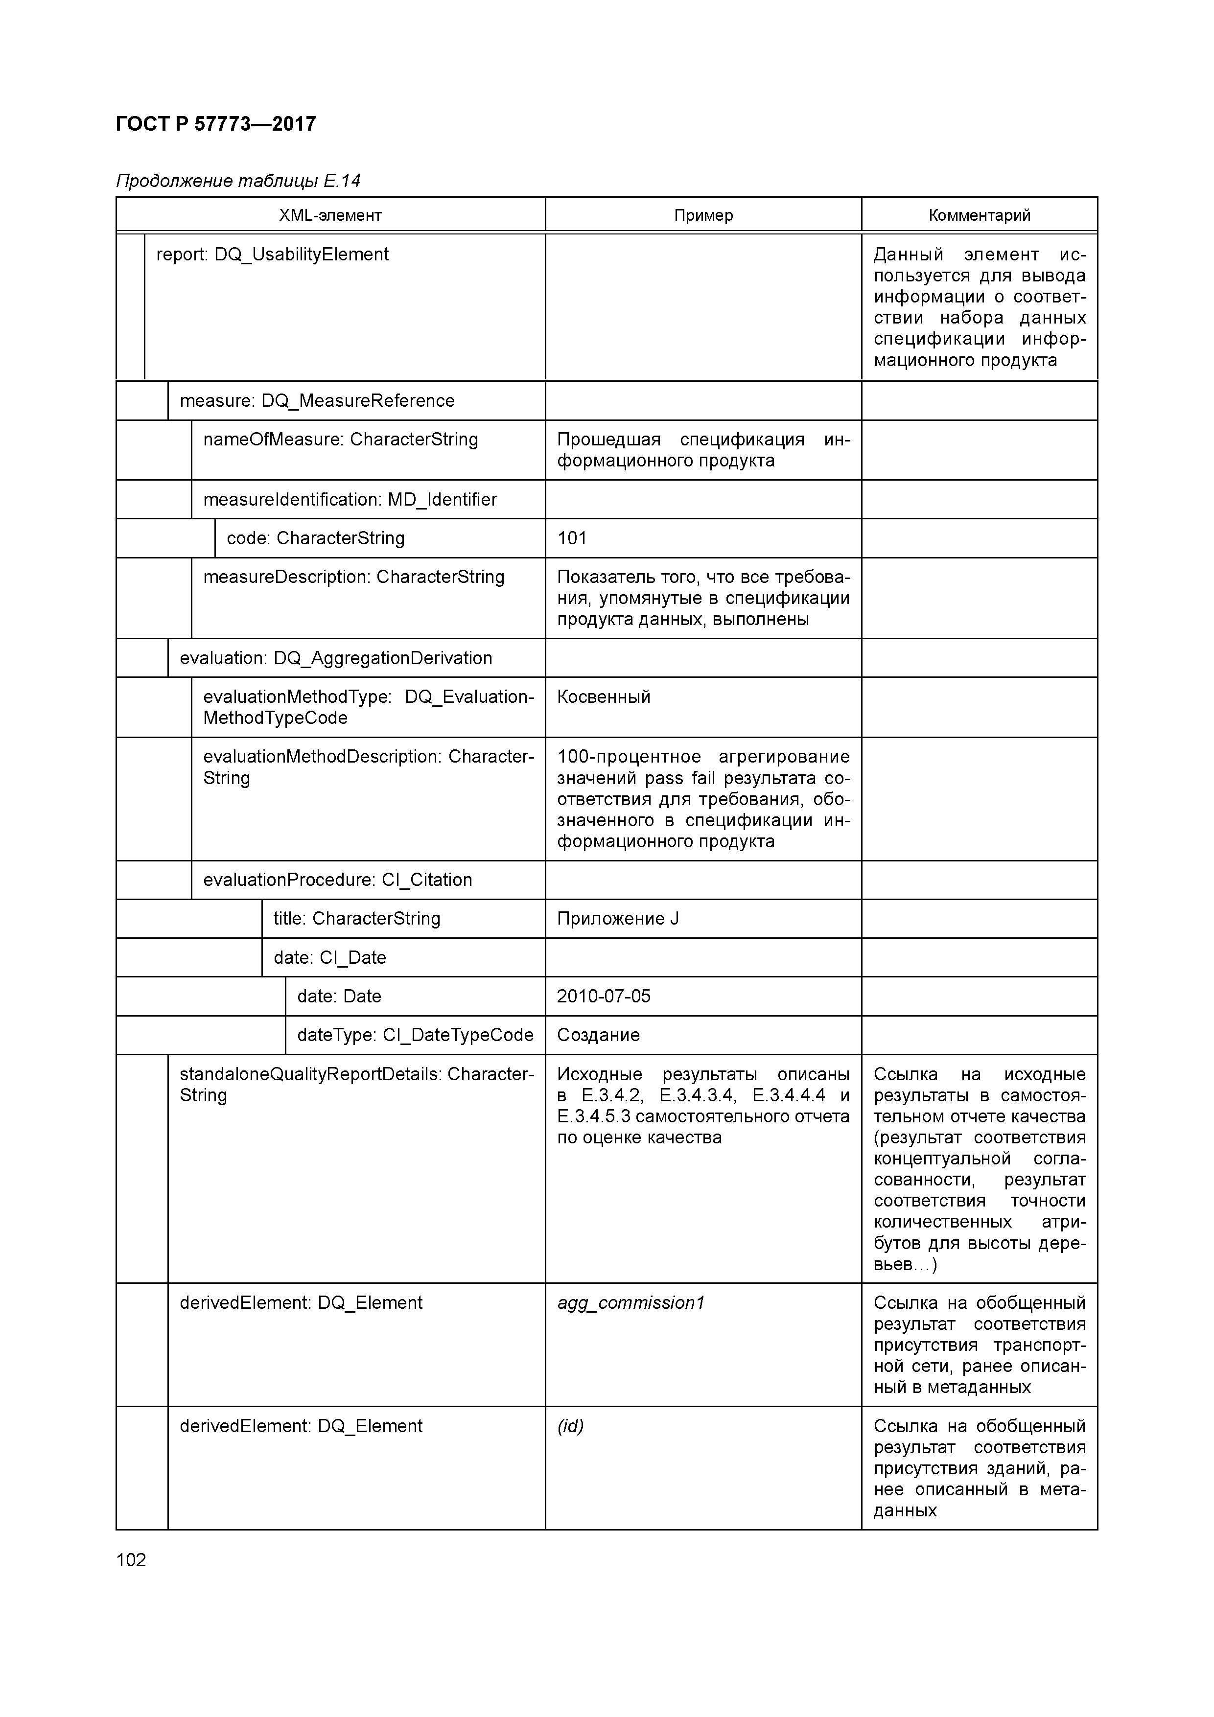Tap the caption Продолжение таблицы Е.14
click(238, 181)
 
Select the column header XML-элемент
click(330, 215)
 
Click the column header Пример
click(703, 215)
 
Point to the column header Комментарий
click(979, 215)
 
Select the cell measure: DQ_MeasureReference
click(317, 401)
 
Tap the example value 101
click(572, 538)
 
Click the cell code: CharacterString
click(316, 538)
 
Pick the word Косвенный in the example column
click(604, 697)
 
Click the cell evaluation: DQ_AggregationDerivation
click(336, 658)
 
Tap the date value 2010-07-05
click(604, 996)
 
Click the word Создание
click(598, 1035)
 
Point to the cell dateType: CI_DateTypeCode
click(415, 1035)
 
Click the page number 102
click(132, 1560)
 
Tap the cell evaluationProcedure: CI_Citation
click(337, 880)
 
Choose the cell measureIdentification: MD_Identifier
click(350, 500)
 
